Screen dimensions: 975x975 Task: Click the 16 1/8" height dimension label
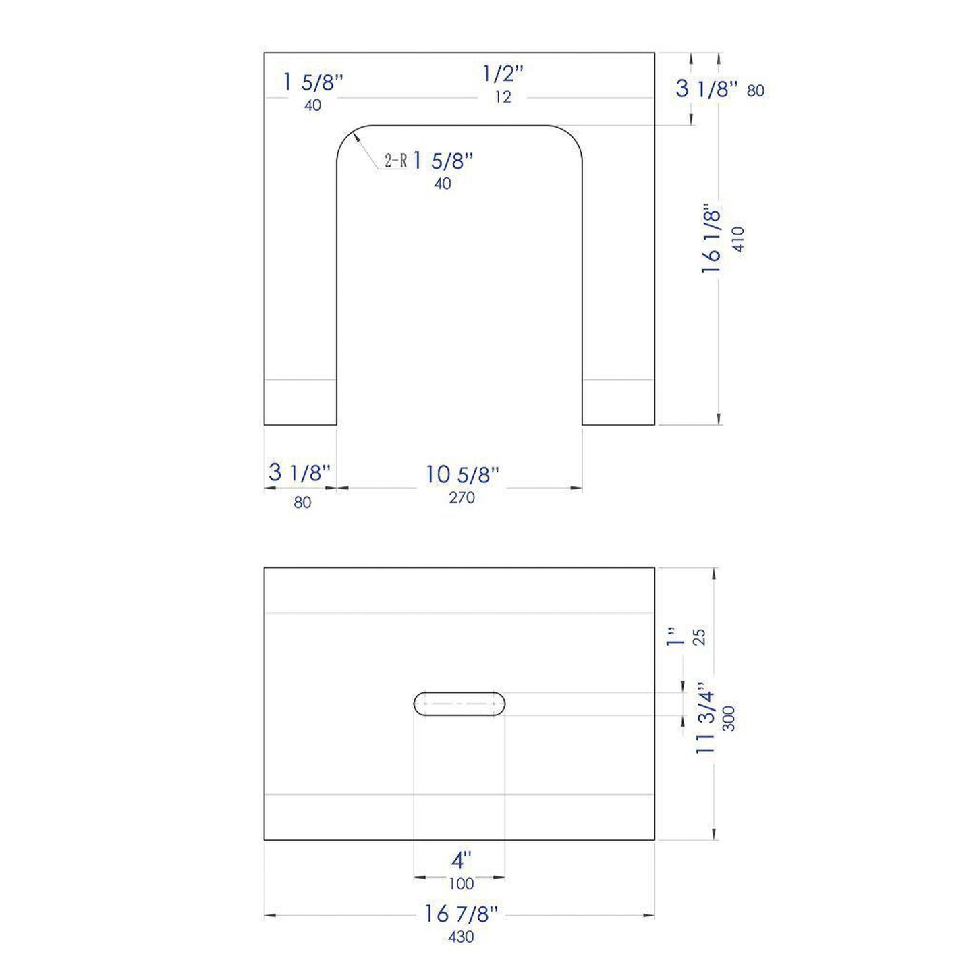pos(712,238)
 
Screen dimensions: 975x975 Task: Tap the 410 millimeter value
pos(739,239)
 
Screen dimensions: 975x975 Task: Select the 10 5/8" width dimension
pos(462,474)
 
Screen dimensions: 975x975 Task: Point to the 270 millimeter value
pos(462,498)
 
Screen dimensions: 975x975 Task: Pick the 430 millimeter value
pos(461,937)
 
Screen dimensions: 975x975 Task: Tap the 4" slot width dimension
pos(461,860)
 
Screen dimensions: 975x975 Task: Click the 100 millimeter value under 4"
pos(461,883)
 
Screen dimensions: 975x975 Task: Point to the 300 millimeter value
pos(729,718)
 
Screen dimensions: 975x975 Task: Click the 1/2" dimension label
pos(503,74)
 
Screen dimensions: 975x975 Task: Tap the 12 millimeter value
pos(503,97)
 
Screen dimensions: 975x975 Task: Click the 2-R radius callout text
pos(395,161)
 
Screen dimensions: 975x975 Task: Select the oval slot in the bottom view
pos(459,703)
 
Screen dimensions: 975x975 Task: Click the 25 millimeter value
pos(699,637)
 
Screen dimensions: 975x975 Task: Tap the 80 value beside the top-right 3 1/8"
pos(756,90)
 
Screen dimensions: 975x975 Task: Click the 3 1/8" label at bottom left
pos(300,472)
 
